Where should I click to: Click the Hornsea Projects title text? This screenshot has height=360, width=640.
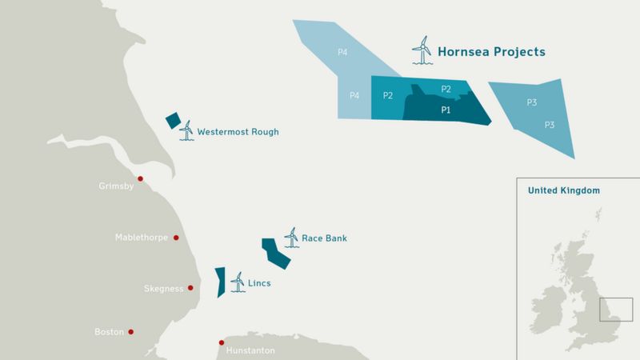point(491,52)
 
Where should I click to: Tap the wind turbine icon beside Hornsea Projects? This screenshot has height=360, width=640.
point(422,50)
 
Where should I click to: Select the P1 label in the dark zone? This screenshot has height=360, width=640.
point(446,110)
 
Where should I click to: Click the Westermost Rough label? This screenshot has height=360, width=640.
point(238,132)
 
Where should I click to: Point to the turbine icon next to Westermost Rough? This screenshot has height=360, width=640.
point(186,130)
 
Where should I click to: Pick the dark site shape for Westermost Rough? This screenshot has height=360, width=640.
point(173,120)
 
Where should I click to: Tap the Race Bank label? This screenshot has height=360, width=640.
point(324,238)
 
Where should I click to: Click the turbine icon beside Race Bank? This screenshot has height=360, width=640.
point(290,237)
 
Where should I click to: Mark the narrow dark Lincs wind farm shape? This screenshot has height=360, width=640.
point(219,282)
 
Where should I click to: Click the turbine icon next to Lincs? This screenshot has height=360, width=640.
point(237,282)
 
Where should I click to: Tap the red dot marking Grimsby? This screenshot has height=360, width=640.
point(141,179)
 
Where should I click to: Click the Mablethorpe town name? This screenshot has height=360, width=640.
point(142,238)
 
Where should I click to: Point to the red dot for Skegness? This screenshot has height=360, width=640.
point(190,288)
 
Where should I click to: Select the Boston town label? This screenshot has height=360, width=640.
point(108,332)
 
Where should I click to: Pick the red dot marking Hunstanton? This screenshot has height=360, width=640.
point(222,343)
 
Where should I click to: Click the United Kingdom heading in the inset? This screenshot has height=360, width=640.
point(563,191)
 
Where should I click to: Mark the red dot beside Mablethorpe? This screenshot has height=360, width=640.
point(176,238)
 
